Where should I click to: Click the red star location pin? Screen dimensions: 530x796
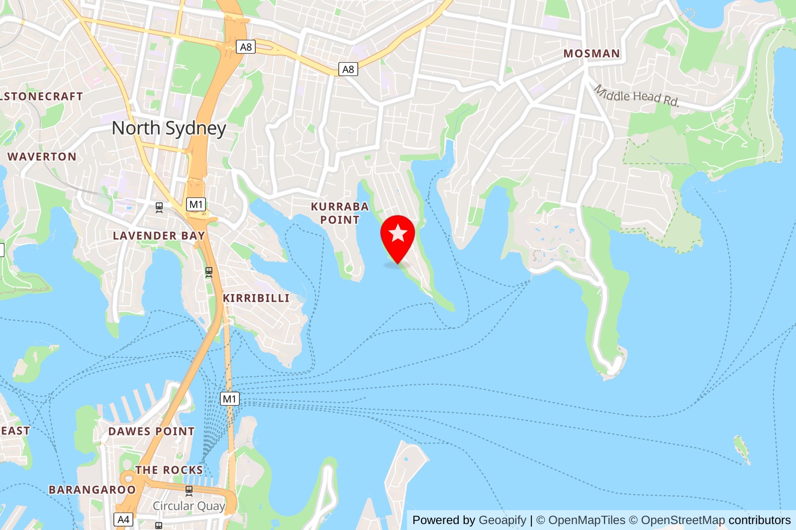pyautogui.click(x=398, y=236)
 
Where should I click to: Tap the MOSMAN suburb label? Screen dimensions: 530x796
pyautogui.click(x=592, y=54)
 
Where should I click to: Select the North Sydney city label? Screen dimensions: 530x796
pyautogui.click(x=169, y=128)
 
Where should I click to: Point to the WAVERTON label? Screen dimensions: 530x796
pyautogui.click(x=42, y=157)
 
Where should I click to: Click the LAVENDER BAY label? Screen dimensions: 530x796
pyautogui.click(x=159, y=236)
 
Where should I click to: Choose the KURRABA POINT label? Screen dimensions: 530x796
pyautogui.click(x=340, y=213)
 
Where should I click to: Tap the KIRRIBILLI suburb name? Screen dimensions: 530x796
pyautogui.click(x=256, y=298)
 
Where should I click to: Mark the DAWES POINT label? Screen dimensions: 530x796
pyautogui.click(x=151, y=432)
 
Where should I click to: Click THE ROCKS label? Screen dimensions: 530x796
pyautogui.click(x=169, y=470)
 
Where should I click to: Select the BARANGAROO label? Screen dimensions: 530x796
pyautogui.click(x=92, y=490)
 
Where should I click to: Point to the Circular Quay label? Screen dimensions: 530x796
pyautogui.click(x=189, y=506)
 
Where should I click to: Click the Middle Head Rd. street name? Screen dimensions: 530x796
pyautogui.click(x=637, y=95)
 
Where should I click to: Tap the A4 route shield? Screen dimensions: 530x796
pyautogui.click(x=123, y=520)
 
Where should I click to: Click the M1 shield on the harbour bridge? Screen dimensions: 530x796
pyautogui.click(x=229, y=399)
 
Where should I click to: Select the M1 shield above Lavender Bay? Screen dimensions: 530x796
pyautogui.click(x=196, y=204)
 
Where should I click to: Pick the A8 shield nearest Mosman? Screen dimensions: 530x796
pyautogui.click(x=348, y=70)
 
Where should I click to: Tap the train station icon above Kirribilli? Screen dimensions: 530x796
pyautogui.click(x=209, y=272)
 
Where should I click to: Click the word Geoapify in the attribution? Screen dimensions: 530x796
pyautogui.click(x=502, y=520)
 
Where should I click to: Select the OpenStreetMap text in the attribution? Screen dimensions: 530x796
pyautogui.click(x=683, y=520)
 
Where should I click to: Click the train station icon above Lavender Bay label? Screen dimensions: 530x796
pyautogui.click(x=159, y=207)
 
